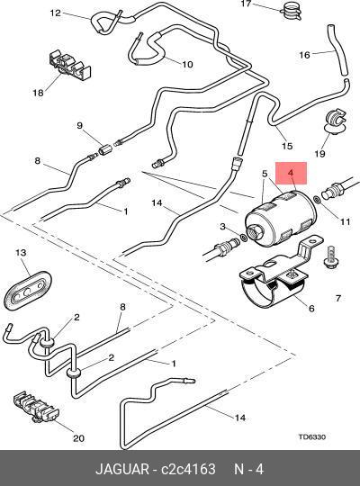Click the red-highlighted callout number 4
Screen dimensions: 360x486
[291, 173]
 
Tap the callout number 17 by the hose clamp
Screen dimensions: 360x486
[246, 4]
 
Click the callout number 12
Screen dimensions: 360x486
[56, 13]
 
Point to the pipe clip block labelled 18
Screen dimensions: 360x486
[70, 65]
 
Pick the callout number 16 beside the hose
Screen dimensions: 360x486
[304, 55]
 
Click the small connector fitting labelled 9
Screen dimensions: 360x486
[103, 150]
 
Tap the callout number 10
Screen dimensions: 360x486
[187, 64]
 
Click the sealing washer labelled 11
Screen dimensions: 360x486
[317, 200]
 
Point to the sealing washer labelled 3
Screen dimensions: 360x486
[244, 238]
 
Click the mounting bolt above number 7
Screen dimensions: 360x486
[331, 257]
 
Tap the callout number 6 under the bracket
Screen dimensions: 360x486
[311, 309]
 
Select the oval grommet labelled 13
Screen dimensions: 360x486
[28, 290]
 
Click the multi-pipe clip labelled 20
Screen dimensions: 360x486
[36, 407]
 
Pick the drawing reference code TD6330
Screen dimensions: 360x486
[312, 436]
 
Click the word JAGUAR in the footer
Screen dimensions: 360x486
[121, 469]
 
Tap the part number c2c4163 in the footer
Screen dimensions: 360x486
[188, 469]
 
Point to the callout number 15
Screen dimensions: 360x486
[287, 146]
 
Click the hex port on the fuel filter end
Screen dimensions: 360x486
[255, 232]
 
